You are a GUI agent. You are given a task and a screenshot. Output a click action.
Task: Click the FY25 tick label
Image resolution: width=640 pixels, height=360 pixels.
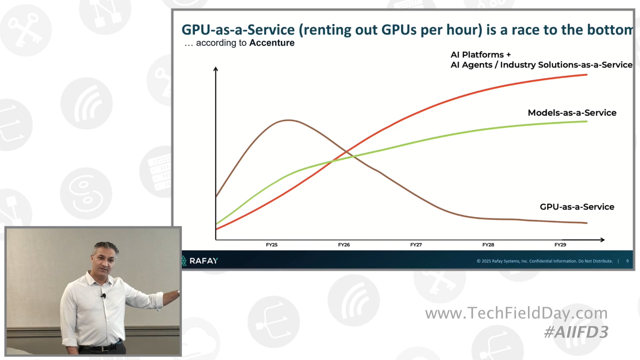click(x=272, y=245)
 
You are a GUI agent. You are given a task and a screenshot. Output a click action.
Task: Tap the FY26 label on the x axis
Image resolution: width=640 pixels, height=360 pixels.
click(x=344, y=245)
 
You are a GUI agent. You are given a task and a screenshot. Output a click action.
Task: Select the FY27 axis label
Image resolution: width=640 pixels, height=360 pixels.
click(x=416, y=245)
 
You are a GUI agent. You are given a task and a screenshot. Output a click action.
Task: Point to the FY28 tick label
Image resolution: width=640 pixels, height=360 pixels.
click(x=488, y=245)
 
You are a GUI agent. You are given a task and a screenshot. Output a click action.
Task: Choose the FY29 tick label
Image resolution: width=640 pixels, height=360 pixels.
click(x=560, y=245)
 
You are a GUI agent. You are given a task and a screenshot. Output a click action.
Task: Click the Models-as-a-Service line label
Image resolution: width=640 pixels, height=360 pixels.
click(x=572, y=113)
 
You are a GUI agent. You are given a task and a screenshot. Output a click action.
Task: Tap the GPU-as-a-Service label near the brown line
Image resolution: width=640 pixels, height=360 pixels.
click(x=577, y=207)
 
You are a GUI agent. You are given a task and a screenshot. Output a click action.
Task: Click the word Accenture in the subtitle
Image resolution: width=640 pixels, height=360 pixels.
click(x=272, y=43)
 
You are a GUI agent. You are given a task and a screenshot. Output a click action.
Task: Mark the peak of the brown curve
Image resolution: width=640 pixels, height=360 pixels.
click(x=288, y=120)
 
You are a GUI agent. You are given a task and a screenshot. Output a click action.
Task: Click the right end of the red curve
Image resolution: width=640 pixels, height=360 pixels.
click(x=586, y=75)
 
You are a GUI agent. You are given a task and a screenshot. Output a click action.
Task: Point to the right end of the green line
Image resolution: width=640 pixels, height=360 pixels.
click(x=586, y=121)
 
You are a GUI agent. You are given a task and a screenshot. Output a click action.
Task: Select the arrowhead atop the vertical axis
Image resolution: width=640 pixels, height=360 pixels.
click(x=216, y=69)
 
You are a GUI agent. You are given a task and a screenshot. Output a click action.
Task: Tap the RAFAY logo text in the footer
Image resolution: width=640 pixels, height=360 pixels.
click(x=203, y=261)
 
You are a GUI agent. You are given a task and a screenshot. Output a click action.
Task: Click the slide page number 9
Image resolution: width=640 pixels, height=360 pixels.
click(x=627, y=261)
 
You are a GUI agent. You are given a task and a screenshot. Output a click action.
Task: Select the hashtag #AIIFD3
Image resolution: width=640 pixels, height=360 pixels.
click(x=576, y=332)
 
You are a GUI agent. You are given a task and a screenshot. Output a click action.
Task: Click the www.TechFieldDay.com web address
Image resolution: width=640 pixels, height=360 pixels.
click(x=516, y=313)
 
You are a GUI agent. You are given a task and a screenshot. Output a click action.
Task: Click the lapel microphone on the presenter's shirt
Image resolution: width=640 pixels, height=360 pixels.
click(x=104, y=296)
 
